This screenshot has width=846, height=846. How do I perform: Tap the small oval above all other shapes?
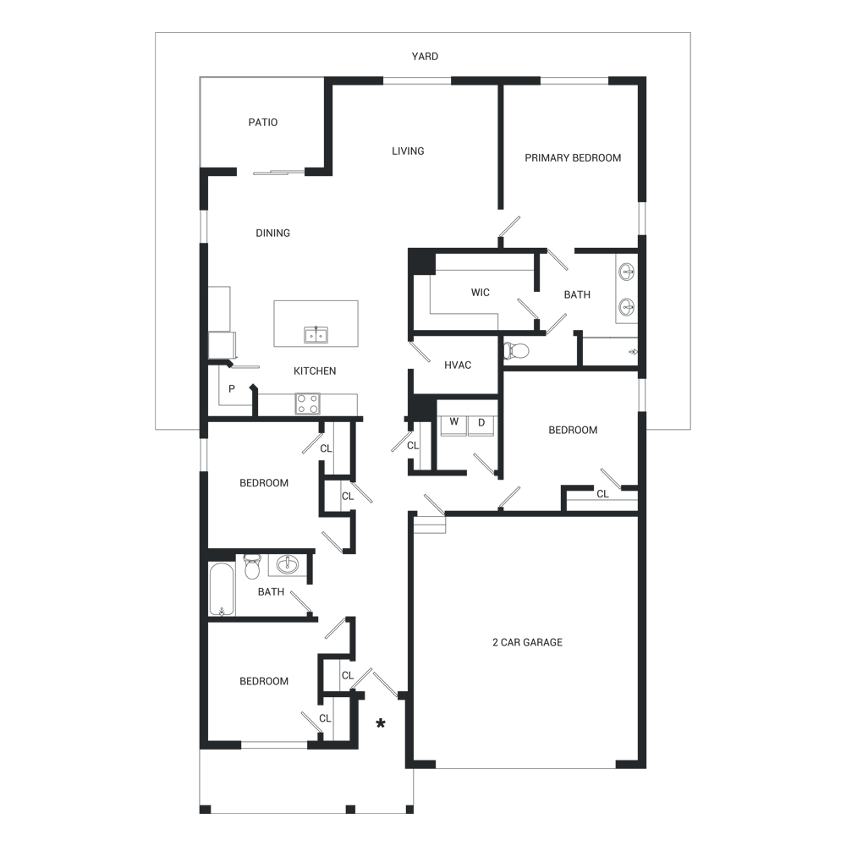[420, 55]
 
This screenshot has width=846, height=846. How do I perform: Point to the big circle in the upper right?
[574, 162]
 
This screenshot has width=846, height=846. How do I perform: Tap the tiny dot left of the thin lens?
[234, 385]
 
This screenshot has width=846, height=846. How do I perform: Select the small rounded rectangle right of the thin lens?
[459, 364]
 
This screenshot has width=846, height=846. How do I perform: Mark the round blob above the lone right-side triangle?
[572, 432]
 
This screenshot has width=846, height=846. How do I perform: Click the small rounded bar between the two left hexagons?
[267, 596]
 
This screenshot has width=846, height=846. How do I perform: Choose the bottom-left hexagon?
[264, 681]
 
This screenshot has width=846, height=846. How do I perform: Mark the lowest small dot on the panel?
[323, 719]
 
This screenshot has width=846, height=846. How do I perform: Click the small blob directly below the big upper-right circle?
[573, 294]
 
